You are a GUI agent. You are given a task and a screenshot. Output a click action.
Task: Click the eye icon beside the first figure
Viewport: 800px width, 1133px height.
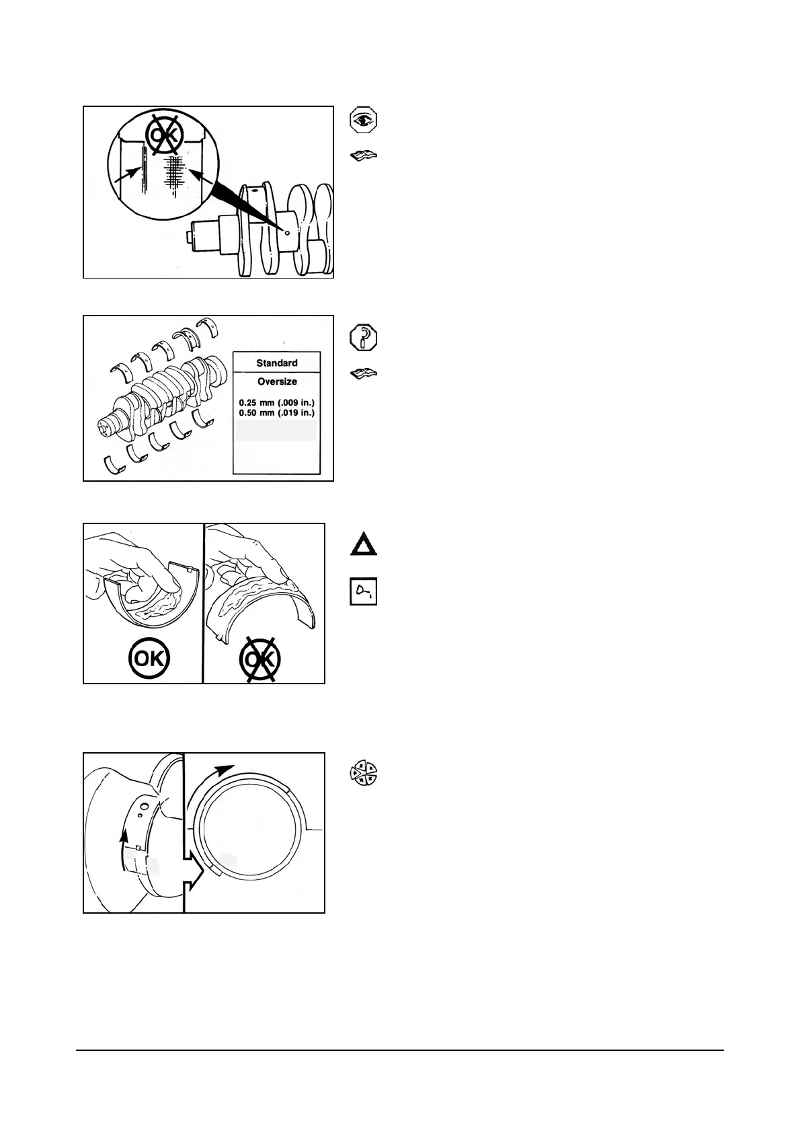pyautogui.click(x=364, y=120)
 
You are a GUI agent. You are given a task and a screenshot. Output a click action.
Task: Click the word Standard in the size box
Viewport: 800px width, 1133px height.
pyautogui.click(x=276, y=363)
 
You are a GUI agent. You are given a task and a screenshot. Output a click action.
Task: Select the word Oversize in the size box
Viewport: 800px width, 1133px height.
pyautogui.click(x=277, y=381)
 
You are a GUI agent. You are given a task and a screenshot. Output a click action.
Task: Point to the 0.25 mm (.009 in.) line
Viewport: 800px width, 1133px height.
pyautogui.click(x=276, y=402)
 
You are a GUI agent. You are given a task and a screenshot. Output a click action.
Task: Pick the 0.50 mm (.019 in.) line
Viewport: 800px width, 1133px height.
pyautogui.click(x=276, y=412)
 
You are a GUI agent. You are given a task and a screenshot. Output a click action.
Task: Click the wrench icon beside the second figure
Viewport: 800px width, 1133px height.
pyautogui.click(x=364, y=337)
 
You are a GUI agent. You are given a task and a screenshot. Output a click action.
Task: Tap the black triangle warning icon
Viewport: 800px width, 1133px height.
pyautogui.click(x=364, y=544)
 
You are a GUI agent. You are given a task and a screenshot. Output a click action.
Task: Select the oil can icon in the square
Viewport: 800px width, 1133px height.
pyautogui.click(x=364, y=591)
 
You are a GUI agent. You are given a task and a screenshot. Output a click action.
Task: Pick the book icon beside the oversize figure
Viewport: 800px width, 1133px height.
pyautogui.click(x=364, y=373)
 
